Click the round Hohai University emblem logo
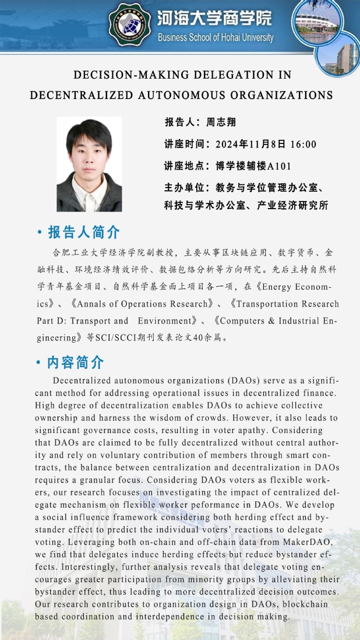(x=129, y=24)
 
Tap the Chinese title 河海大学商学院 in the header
(x=214, y=18)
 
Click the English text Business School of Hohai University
(x=215, y=37)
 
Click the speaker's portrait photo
(x=89, y=164)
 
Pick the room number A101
(x=279, y=166)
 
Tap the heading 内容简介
(x=76, y=363)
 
